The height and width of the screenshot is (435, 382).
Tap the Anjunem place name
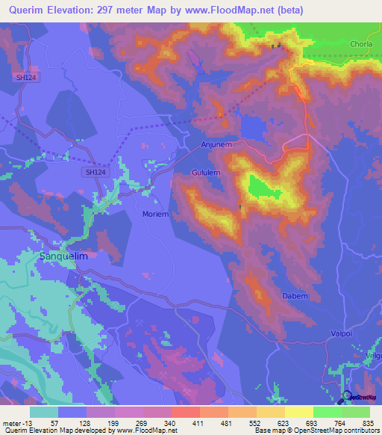tap(219, 145)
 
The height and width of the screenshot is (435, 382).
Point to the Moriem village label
tap(157, 214)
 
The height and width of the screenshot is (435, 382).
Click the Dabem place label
tap(295, 296)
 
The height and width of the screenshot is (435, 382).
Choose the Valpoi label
tap(344, 333)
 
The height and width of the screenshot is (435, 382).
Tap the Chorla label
tap(362, 45)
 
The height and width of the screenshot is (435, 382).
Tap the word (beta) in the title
tap(357, 10)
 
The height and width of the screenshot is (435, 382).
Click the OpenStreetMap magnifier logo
tap(347, 397)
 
